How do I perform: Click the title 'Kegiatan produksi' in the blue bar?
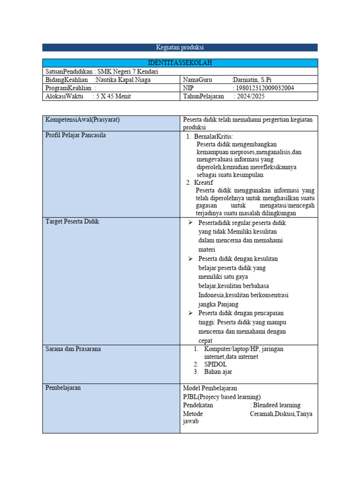(180, 47)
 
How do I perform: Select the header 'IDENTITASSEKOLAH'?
(180, 63)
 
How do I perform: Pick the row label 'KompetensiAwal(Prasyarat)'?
(82, 120)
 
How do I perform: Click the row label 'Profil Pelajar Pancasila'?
(75, 136)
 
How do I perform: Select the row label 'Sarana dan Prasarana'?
(73, 349)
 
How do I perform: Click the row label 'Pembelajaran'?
(63, 388)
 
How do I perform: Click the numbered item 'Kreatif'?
(203, 182)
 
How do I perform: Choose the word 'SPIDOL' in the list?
(215, 364)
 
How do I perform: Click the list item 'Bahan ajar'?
(218, 372)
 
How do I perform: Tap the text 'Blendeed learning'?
(277, 405)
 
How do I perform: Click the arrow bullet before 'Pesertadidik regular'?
(191, 223)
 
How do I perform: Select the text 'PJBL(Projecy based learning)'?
(222, 397)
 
